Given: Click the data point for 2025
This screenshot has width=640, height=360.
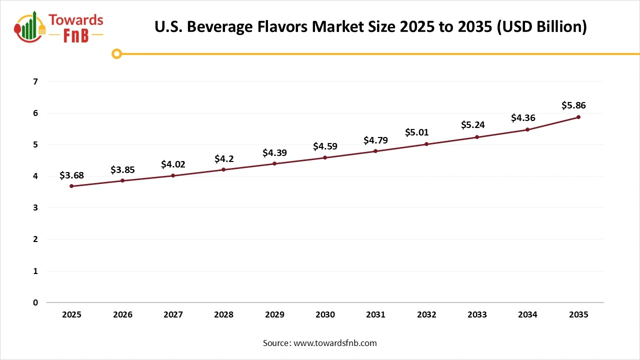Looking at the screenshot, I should pos(71,186).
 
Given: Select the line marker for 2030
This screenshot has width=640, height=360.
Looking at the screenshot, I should pos(325,157).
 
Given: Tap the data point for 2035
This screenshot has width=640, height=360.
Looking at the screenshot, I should pos(578,117).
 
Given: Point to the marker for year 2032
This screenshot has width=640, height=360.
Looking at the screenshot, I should pos(426,144).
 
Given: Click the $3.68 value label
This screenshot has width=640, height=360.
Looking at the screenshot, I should pos(71,175).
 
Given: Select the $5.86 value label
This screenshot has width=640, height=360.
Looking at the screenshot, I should pos(573,105).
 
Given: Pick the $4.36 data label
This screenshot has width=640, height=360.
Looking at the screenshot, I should pos(523,118).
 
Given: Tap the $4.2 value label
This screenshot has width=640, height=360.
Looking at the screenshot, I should pos(223,159).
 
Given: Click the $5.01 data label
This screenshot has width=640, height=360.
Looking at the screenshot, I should pos(416,133).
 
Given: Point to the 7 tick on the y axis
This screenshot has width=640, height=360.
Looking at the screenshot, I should pos(35,81).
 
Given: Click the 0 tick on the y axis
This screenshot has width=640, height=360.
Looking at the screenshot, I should pos(35,302).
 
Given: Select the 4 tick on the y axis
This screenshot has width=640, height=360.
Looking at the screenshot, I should pos(35,176).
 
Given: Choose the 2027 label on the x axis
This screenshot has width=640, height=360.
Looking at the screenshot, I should pos(173,315).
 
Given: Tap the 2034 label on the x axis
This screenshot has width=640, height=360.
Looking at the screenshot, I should pos(527,315).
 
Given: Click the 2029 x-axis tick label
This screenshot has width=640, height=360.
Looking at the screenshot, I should pos(274,315).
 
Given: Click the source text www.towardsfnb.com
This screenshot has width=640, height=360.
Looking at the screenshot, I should pos(335,343).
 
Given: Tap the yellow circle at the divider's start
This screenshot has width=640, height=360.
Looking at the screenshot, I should pos(116,53).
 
